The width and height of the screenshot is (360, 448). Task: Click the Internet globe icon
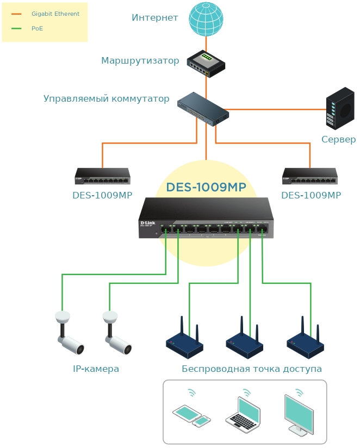pos(206,19)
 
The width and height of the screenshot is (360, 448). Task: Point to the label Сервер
pos(338,140)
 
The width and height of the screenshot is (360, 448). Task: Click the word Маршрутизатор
pos(140,61)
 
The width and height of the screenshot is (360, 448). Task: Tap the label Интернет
pos(155,18)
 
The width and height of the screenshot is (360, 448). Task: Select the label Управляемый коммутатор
pos(106,99)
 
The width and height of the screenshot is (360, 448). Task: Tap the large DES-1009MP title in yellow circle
pos(206,188)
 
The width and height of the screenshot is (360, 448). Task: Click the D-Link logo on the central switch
pos(148,223)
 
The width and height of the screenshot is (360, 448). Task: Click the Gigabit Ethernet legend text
pos(55,14)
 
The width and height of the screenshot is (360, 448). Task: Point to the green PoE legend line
pos(16,28)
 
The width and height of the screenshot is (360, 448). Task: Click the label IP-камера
pos(96,369)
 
